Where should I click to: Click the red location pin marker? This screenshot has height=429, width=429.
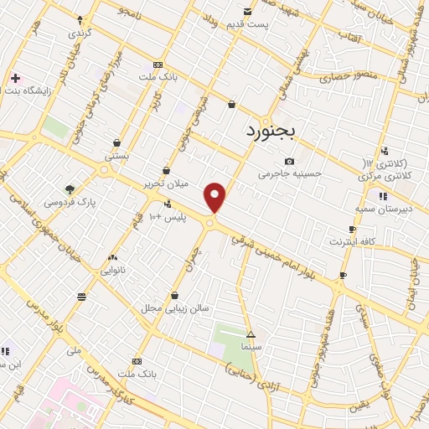coord(215,197)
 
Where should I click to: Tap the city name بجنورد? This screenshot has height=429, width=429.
coord(273,132)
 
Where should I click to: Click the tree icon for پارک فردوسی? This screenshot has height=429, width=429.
coord(70,189)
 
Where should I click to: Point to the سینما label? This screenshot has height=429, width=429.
coord(251,345)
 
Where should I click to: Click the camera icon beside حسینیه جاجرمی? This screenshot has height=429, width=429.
coord(290,161)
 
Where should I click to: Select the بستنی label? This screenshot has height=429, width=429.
coord(116,155)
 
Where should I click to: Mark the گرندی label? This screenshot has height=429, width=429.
coord(80,33)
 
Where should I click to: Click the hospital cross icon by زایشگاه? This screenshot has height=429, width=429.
coord(16,78)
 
